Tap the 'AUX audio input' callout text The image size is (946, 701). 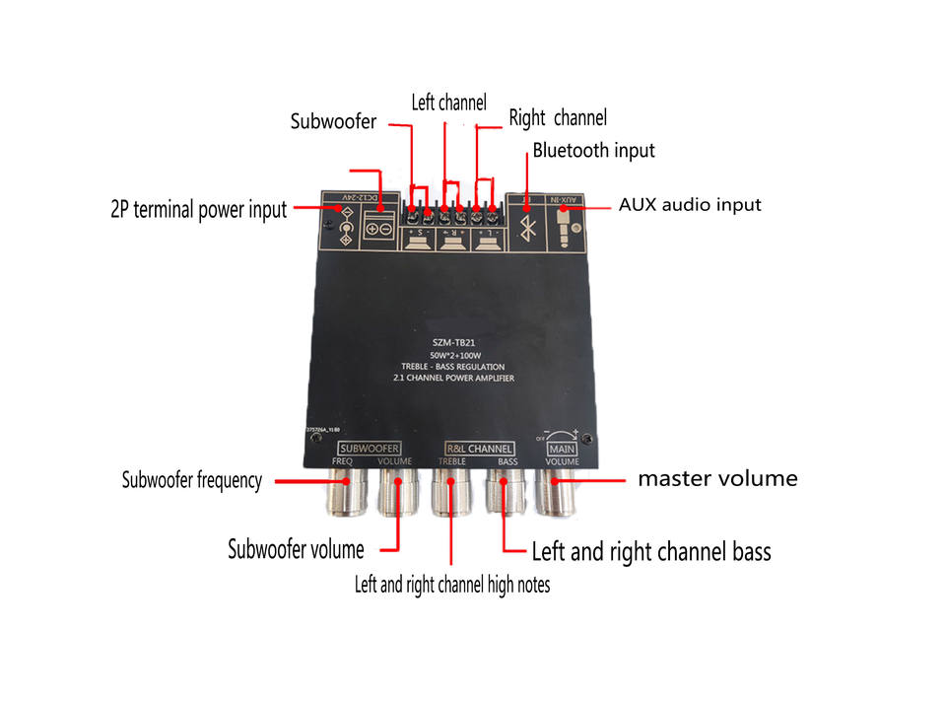coord(690,205)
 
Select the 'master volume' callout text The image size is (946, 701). coord(717,479)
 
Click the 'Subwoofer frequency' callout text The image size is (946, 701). coord(192,480)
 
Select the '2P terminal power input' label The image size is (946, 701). coord(198,209)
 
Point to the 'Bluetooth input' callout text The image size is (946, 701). coord(593,151)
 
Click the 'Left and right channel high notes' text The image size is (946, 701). coord(452,585)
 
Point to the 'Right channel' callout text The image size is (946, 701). coord(558,118)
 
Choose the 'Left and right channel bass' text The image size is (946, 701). coord(651,551)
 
